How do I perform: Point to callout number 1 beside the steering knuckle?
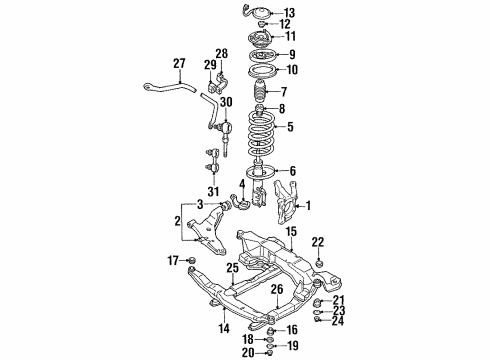pyautogui.click(x=308, y=207)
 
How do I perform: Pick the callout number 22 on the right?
pyautogui.click(x=318, y=241)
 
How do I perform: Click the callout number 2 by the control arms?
pyautogui.click(x=179, y=222)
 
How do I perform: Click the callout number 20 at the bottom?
pyautogui.click(x=246, y=352)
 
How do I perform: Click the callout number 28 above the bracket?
pyautogui.click(x=222, y=52)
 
